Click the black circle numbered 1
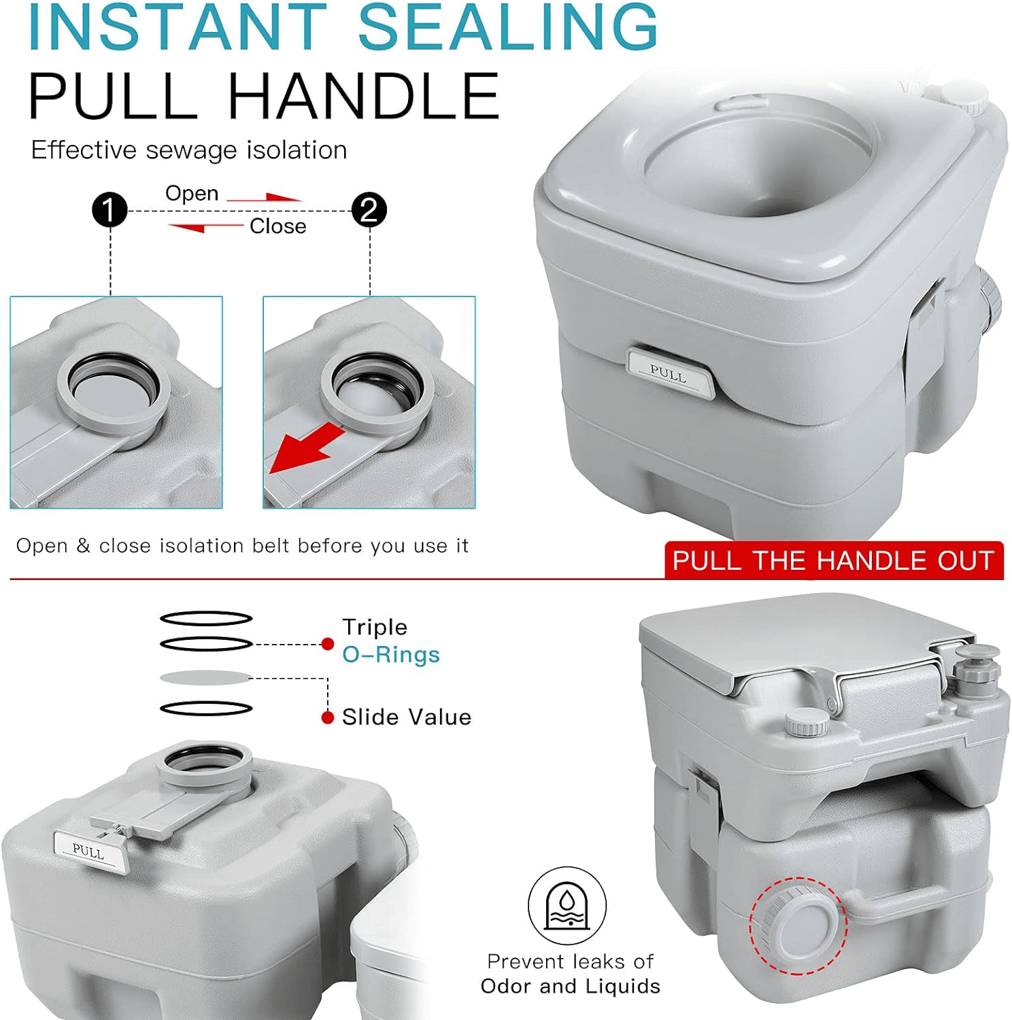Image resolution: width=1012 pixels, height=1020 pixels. click(x=109, y=210)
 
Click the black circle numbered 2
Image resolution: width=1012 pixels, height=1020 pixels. click(x=369, y=210)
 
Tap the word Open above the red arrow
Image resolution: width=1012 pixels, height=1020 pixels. click(x=192, y=194)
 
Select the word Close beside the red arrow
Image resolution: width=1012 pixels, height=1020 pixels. click(x=277, y=226)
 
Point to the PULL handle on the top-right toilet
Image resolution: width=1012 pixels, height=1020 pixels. click(x=670, y=372)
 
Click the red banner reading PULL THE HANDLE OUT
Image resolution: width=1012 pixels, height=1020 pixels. click(x=834, y=560)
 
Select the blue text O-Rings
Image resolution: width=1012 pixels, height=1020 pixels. click(x=391, y=654)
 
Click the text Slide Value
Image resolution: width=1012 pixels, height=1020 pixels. click(x=407, y=717)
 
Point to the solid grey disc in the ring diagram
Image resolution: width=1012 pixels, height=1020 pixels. click(x=206, y=677)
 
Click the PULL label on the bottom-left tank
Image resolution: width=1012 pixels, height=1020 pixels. click(x=89, y=850)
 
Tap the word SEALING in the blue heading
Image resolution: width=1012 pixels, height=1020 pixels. click(x=508, y=27)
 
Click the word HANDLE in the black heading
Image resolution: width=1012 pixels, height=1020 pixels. click(x=363, y=97)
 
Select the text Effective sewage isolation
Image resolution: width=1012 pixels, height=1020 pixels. click(x=189, y=150)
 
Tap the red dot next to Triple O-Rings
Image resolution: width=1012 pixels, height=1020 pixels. click(x=328, y=643)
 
